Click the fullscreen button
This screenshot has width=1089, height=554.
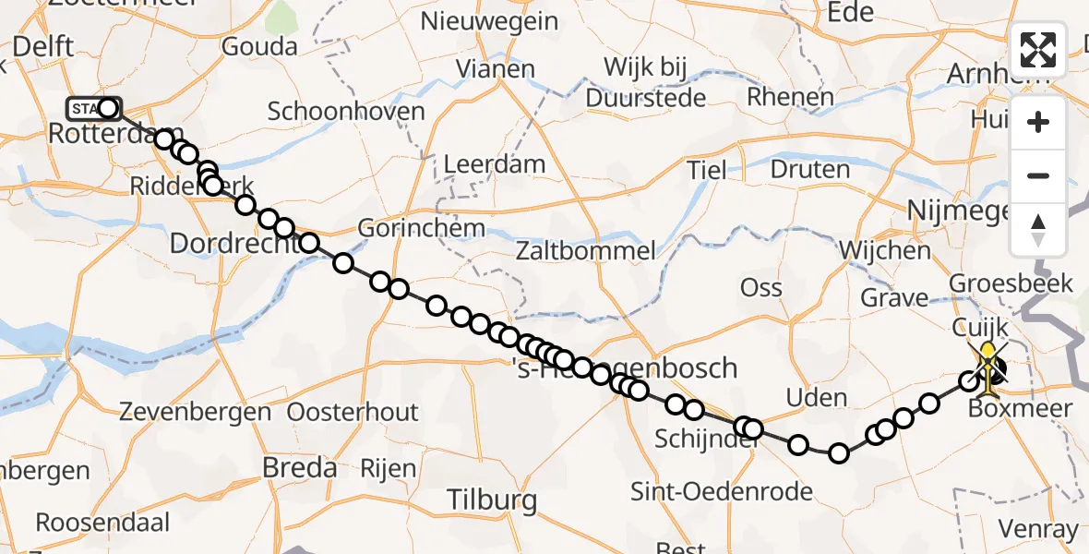[1038, 50]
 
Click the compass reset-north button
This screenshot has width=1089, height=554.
[1038, 230]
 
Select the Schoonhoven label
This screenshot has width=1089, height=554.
[346, 112]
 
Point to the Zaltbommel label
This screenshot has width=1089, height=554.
[586, 250]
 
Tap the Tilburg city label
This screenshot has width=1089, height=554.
[491, 501]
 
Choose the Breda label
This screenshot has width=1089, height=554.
[300, 468]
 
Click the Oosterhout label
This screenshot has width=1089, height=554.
[353, 412]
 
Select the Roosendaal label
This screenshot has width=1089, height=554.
[102, 523]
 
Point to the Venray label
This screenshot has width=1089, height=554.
[1040, 530]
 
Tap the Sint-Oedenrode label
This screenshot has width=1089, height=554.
[721, 491]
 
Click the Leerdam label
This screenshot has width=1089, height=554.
[494, 165]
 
